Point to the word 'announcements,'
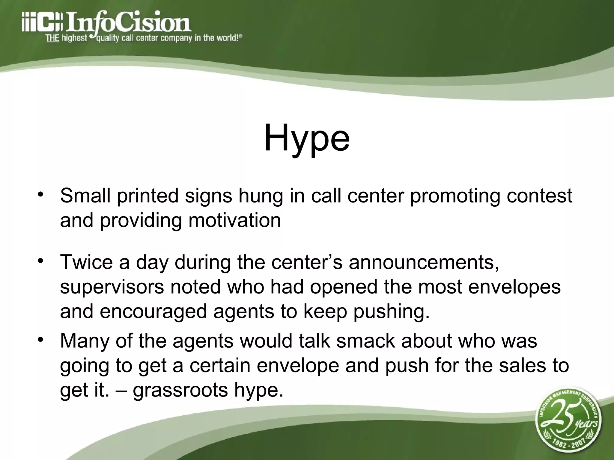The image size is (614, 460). click(x=424, y=262)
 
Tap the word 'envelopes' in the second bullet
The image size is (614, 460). click(x=514, y=287)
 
